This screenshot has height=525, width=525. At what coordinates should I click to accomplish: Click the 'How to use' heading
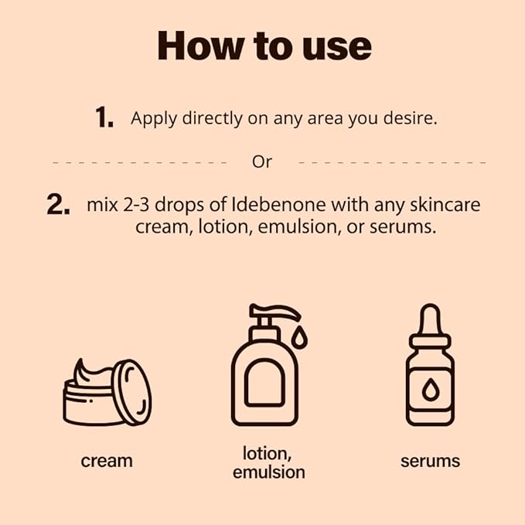(264, 46)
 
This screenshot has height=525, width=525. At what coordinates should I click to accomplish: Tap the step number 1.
(104, 118)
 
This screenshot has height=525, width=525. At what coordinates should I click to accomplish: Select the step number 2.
(59, 206)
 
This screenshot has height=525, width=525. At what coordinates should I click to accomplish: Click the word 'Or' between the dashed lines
(262, 162)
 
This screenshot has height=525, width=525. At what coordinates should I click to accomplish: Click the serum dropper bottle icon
(430, 367)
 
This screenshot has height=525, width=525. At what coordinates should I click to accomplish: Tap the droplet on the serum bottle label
(430, 390)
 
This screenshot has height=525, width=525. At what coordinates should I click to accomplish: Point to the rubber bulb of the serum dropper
(430, 319)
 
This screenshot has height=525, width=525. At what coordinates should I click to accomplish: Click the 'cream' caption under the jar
(107, 461)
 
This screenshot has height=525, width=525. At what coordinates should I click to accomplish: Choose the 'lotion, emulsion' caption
(268, 462)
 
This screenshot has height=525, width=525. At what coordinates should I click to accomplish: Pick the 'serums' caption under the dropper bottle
(430, 461)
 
